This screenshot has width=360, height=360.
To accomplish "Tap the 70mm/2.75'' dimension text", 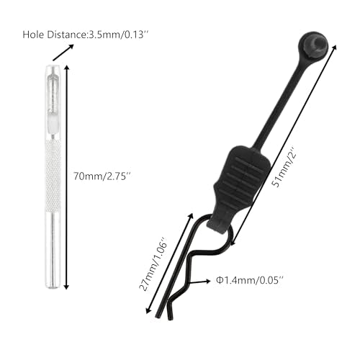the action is (103, 176).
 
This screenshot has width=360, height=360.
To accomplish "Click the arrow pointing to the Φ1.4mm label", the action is (199, 281).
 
